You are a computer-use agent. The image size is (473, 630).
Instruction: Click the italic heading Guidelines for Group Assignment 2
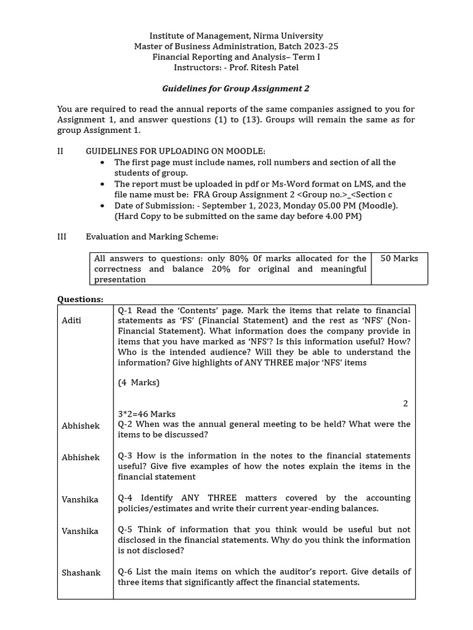click(236, 89)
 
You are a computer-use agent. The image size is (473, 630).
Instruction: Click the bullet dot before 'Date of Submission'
click(102, 205)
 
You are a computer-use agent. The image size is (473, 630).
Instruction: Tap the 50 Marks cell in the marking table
click(399, 258)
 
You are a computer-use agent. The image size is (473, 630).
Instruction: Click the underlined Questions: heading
click(80, 299)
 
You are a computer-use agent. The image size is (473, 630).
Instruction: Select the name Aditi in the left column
click(71, 321)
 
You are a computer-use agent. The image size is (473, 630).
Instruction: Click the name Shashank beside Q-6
click(81, 572)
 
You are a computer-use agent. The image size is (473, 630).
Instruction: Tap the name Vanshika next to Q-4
click(80, 499)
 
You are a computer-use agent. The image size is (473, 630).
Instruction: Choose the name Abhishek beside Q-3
click(81, 457)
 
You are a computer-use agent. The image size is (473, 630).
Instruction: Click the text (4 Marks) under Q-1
click(139, 383)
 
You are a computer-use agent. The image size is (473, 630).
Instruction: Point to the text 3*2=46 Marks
click(147, 414)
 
